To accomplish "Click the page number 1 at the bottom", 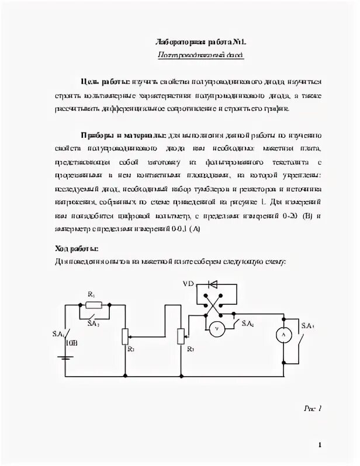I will (x=320, y=445).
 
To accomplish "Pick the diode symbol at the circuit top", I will (x=213, y=284).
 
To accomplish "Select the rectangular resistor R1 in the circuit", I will (x=96, y=304).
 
